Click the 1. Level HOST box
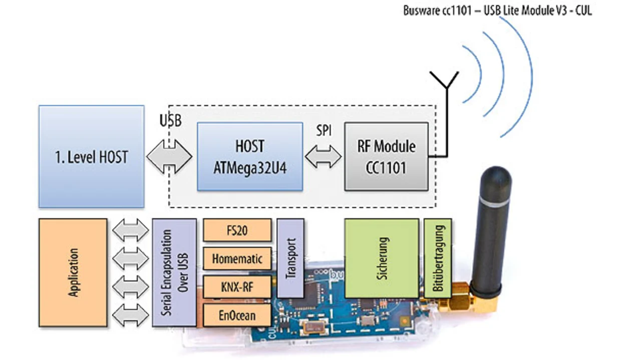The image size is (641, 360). pyautogui.click(x=91, y=156)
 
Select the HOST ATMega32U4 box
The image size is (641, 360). pyautogui.click(x=249, y=156)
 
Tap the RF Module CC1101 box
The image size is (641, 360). pyautogui.click(x=386, y=156)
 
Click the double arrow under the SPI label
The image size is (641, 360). pyautogui.click(x=323, y=157)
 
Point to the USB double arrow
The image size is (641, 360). pyautogui.click(x=169, y=157)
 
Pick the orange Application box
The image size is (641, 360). pyautogui.click(x=73, y=272)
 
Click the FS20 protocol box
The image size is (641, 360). pyautogui.click(x=237, y=230)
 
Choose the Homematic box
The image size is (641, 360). pyautogui.click(x=237, y=259)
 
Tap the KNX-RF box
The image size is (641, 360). pyautogui.click(x=237, y=287)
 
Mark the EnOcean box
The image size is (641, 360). pyautogui.click(x=237, y=315)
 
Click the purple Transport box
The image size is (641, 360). pyautogui.click(x=290, y=258)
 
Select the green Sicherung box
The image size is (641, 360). pyautogui.click(x=382, y=258)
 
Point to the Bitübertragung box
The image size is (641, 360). pyautogui.click(x=438, y=258)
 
